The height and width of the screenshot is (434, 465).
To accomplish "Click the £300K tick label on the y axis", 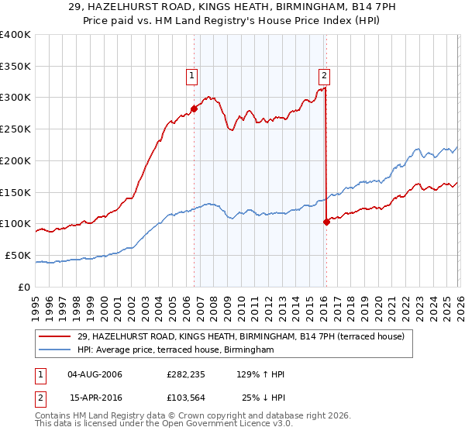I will [15, 98].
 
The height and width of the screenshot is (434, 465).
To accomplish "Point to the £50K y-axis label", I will [18, 255].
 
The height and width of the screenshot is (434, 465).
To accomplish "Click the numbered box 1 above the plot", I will [191, 75].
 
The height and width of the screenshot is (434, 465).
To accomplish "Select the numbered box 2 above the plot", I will [323, 75].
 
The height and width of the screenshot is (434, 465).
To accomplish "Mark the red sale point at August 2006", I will [194, 108].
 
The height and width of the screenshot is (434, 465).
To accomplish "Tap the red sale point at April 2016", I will [326, 222].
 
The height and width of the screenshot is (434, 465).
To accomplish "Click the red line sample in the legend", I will [56, 336].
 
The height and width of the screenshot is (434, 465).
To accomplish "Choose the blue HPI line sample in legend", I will [56, 350].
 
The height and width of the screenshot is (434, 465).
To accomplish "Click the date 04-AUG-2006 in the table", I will [95, 375].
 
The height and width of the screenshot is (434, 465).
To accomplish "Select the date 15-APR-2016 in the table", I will [95, 398].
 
